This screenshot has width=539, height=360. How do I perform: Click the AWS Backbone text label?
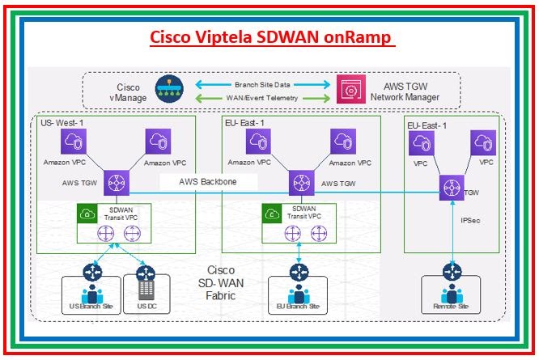point(208,182)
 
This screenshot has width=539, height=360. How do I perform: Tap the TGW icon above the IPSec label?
point(451,188)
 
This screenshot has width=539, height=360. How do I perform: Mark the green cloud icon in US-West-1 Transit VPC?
point(86,214)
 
